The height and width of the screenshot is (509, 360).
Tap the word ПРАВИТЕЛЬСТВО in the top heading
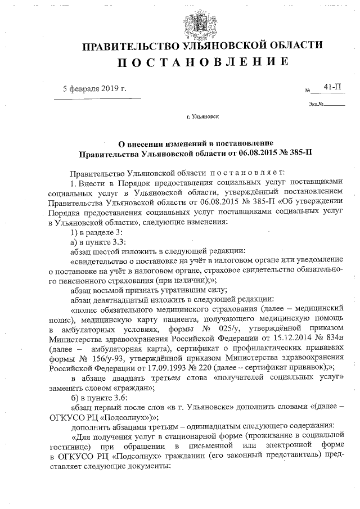[129, 45]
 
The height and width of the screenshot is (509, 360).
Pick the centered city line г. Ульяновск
[203, 118]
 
